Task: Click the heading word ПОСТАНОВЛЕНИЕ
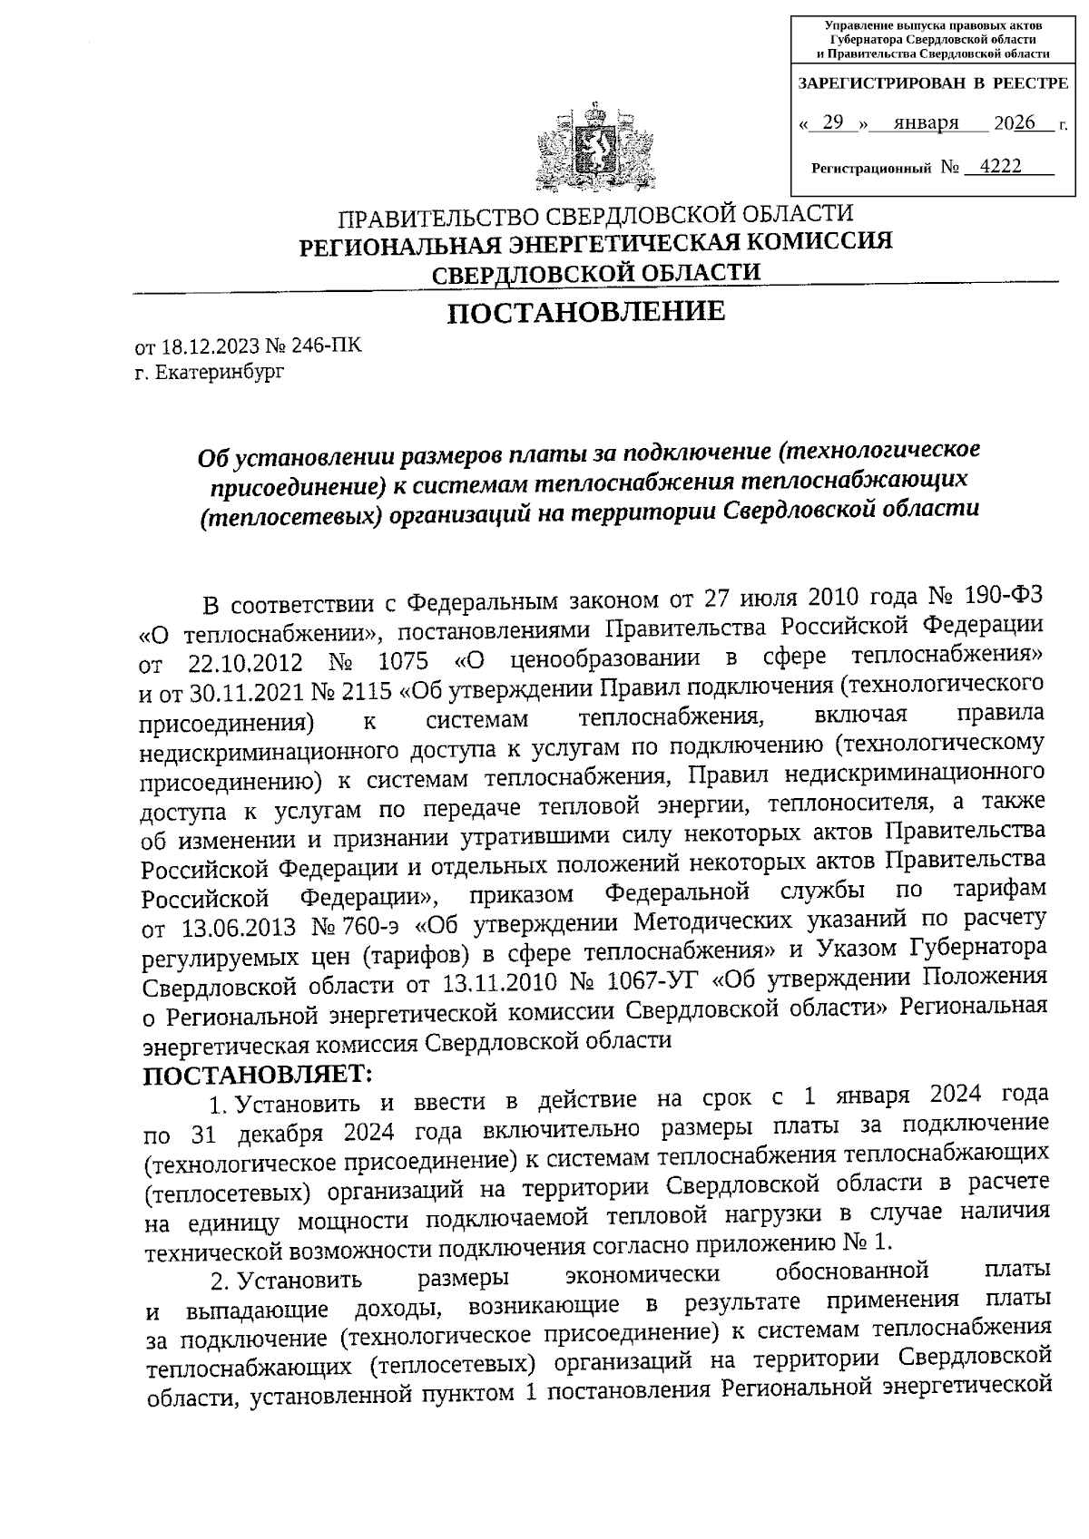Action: click(x=587, y=312)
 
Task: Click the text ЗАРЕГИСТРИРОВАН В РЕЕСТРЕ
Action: click(x=931, y=84)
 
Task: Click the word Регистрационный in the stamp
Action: click(x=871, y=169)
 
